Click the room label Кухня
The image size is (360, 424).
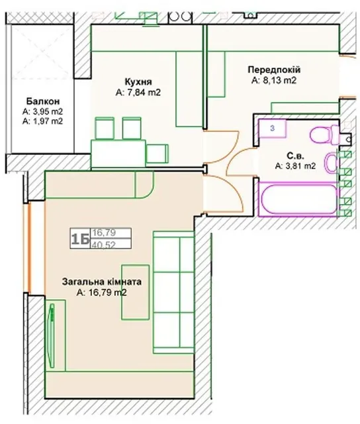pyautogui.click(x=138, y=81)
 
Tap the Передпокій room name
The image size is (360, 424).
pyautogui.click(x=274, y=70)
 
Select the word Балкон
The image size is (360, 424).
pyautogui.click(x=42, y=101)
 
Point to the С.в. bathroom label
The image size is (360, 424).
pyautogui.click(x=295, y=156)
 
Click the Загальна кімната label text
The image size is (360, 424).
pyautogui.click(x=102, y=282)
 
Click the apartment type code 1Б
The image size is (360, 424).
pyautogui.click(x=80, y=238)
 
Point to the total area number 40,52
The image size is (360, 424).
pyautogui.click(x=104, y=244)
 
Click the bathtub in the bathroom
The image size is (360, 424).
pyautogui.click(x=298, y=199)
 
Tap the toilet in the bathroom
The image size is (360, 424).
pyautogui.click(x=324, y=134)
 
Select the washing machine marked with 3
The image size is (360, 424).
pyautogui.click(x=272, y=129)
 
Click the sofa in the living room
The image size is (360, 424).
pyautogui.click(x=173, y=292)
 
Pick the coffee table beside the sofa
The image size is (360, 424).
pyautogui.click(x=135, y=292)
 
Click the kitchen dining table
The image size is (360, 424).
pyautogui.click(x=118, y=153)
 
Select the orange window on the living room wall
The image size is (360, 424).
pyautogui.click(x=29, y=246)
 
